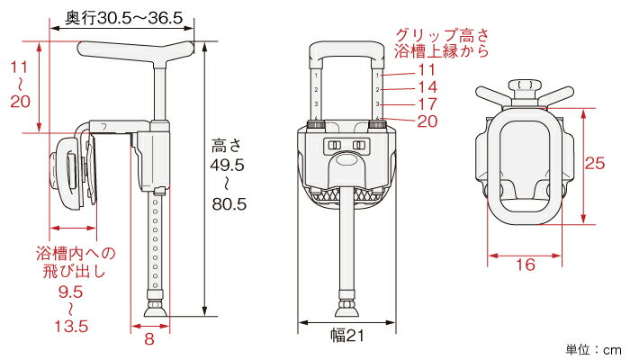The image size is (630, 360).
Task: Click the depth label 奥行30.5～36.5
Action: point(124,18)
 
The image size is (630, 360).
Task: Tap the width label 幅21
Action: point(347,335)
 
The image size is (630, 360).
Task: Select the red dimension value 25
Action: point(595,163)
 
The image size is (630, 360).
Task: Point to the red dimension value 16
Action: point(525,265)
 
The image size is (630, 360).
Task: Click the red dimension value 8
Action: point(149,338)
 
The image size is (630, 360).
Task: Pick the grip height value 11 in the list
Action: point(427,70)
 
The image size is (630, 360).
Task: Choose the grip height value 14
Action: point(427,86)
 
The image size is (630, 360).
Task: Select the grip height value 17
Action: point(427,103)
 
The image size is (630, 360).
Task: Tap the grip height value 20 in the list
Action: point(427,121)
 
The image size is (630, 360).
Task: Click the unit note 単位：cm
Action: point(594,349)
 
